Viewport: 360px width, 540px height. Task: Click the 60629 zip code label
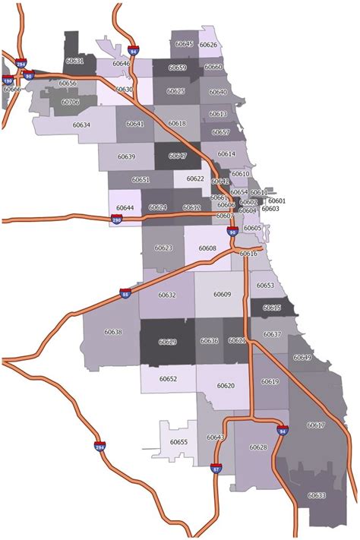tap(167, 343)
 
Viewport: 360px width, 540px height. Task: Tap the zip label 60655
tap(178, 442)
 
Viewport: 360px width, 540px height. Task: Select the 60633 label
tap(317, 495)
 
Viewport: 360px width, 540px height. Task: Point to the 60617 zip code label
tap(316, 425)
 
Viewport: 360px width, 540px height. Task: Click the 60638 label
tap(113, 332)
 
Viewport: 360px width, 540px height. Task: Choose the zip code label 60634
tap(81, 125)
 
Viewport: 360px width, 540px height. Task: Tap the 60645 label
tap(185, 45)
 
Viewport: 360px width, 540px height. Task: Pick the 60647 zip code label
tap(178, 156)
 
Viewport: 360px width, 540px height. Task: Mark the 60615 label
tap(272, 308)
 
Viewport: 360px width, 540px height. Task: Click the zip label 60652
tap(169, 378)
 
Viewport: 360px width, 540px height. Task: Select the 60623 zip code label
tap(163, 248)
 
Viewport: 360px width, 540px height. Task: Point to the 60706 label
tap(70, 101)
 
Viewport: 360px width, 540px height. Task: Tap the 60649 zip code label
tap(302, 357)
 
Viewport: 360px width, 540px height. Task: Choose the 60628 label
tap(258, 447)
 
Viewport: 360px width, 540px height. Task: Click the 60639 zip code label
tap(126, 156)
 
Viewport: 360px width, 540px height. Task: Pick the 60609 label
tap(222, 294)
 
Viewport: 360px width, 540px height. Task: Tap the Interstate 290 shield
tap(116, 220)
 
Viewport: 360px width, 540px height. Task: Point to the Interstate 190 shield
tap(8, 80)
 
